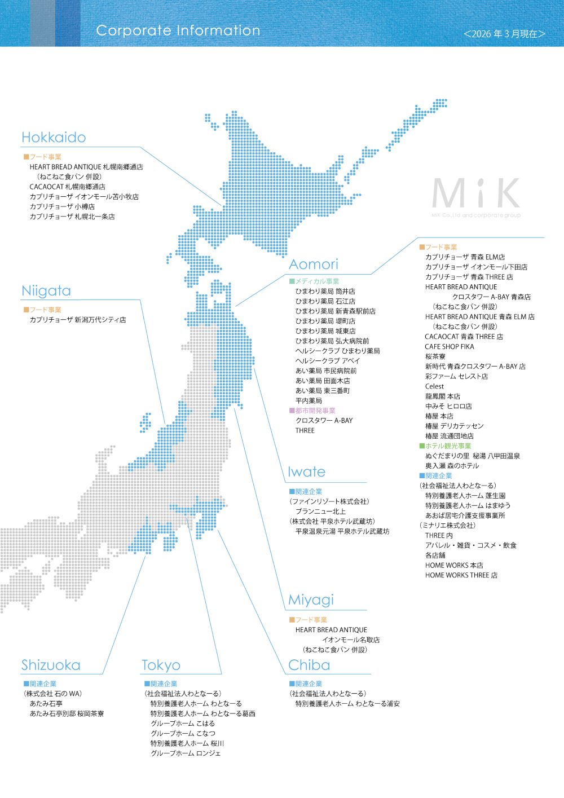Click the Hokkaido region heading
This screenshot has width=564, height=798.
tap(54, 138)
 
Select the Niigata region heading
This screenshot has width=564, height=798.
tap(46, 291)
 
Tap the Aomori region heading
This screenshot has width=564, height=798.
tap(314, 264)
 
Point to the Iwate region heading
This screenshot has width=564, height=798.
tap(306, 472)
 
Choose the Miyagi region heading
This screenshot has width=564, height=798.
tap(311, 600)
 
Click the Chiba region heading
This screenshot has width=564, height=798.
tap(309, 665)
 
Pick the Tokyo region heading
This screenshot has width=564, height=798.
tap(161, 665)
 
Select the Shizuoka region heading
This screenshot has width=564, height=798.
tap(51, 665)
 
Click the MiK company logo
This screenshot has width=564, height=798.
tap(476, 195)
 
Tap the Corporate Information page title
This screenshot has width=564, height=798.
tap(178, 30)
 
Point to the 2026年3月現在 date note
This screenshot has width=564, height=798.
tap(504, 34)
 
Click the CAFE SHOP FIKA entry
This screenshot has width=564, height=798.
tap(450, 347)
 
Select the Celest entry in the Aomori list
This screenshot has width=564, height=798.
tap(434, 386)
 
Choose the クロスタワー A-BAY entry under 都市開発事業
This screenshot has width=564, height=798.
tap(324, 421)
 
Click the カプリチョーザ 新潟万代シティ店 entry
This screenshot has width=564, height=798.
tap(78, 320)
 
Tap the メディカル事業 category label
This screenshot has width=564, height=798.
tap(314, 281)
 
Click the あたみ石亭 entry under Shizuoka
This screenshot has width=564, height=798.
tap(46, 704)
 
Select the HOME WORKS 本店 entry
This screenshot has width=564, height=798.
tap(454, 565)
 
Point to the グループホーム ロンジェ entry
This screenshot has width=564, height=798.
tap(186, 753)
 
